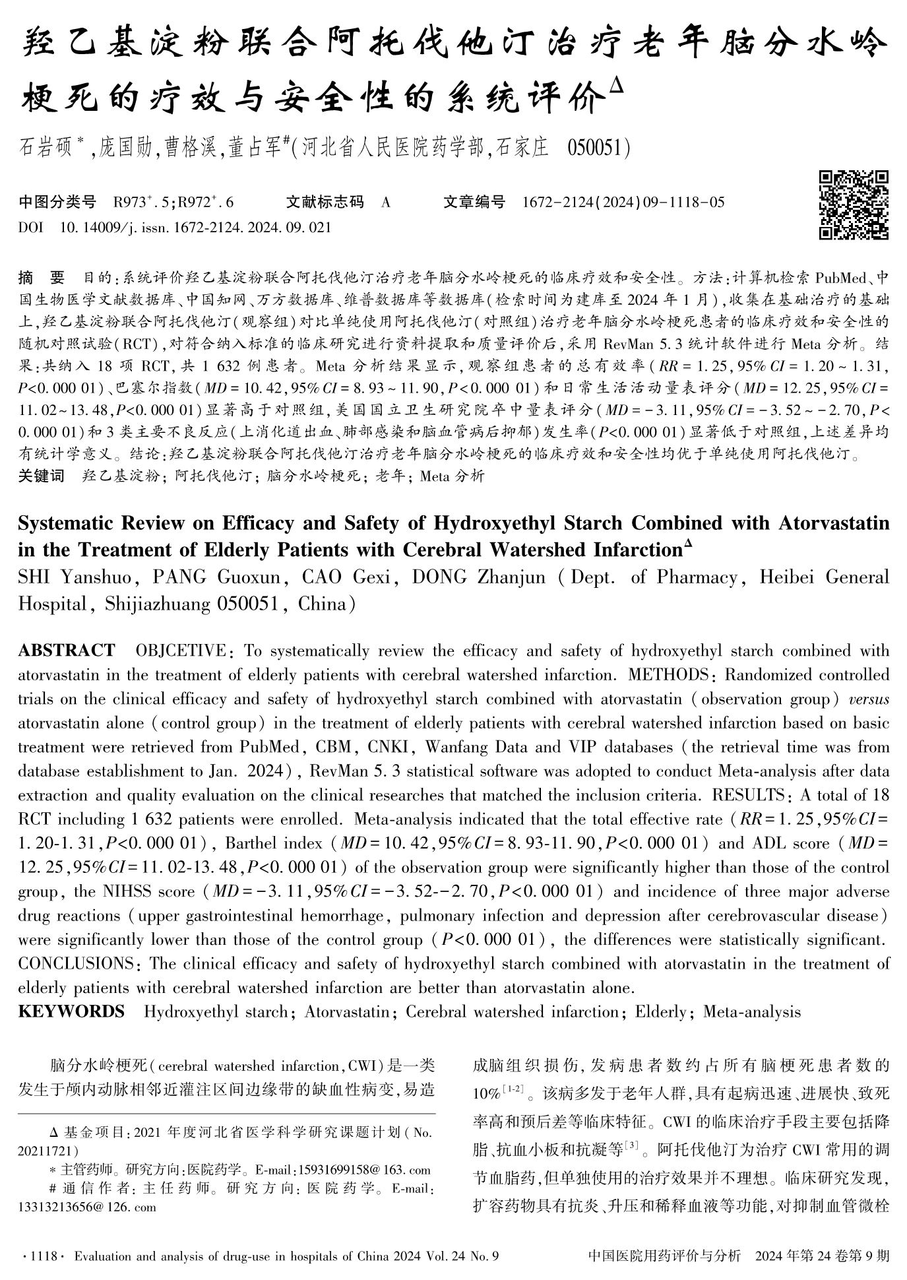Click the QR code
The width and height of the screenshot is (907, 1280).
pyautogui.click(x=854, y=205)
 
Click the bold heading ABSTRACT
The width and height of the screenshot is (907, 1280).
pyautogui.click(x=66, y=651)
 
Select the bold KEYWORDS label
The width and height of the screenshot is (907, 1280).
pyautogui.click(x=71, y=1011)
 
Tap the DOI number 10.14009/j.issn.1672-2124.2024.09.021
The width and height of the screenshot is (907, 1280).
pyautogui.click(x=195, y=228)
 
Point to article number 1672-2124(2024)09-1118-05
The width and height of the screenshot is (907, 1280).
pyautogui.click(x=623, y=202)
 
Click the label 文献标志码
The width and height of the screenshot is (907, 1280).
pyautogui.click(x=325, y=202)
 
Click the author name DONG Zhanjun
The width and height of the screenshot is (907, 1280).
pyautogui.click(x=478, y=577)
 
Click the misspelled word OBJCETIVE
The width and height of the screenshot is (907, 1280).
pyautogui.click(x=180, y=651)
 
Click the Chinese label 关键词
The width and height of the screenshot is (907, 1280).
pyautogui.click(x=41, y=476)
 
